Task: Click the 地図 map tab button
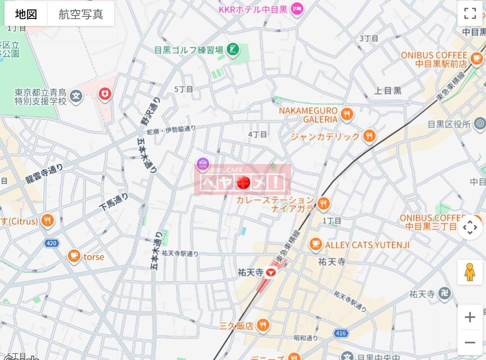(26, 14)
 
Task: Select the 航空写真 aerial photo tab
(81, 14)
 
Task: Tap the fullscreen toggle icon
(470, 13)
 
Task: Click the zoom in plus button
(470, 317)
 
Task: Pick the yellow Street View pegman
(470, 272)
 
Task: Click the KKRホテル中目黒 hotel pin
(297, 8)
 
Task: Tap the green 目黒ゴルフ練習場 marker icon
(233, 49)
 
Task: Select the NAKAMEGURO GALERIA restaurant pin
(347, 115)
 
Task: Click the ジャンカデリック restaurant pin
(369, 136)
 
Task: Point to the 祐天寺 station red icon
(270, 272)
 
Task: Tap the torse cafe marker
(74, 256)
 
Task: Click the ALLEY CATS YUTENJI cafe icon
(315, 244)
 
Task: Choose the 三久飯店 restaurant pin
(263, 326)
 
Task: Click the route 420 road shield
(51, 243)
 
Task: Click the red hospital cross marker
(105, 93)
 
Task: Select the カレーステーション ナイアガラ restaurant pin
(323, 203)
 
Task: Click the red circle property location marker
(243, 183)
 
